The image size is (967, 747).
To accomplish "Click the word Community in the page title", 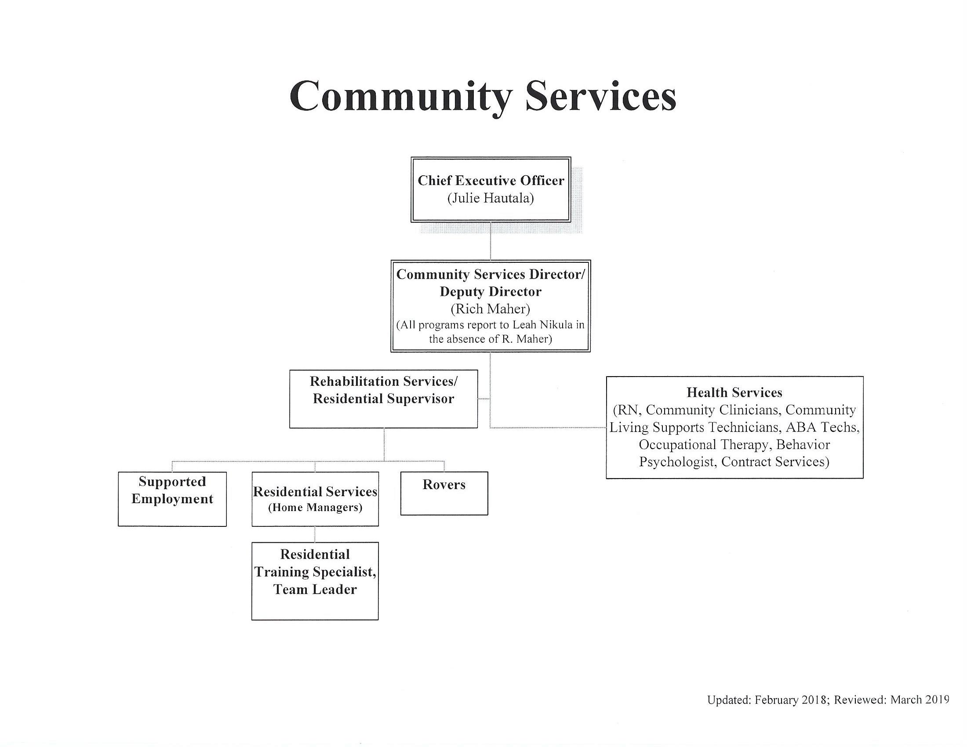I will click(x=401, y=97).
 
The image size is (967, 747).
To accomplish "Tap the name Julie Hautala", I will click(x=491, y=198).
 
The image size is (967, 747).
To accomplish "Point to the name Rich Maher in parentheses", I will click(x=490, y=308).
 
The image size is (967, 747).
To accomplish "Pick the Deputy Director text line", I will click(x=490, y=292).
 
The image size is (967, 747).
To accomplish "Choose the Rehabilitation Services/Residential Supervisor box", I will click(x=383, y=399).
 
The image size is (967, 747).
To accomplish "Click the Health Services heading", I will click(x=734, y=392).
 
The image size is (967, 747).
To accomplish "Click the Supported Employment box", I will click(x=172, y=499).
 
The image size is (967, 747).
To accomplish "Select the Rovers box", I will click(x=444, y=493).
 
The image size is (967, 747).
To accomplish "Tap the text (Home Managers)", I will click(x=315, y=508).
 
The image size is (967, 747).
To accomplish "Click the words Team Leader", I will click(x=315, y=589).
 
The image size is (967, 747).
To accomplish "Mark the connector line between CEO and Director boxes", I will click(x=491, y=241).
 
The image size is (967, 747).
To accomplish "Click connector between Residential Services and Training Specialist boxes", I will click(x=315, y=534).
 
